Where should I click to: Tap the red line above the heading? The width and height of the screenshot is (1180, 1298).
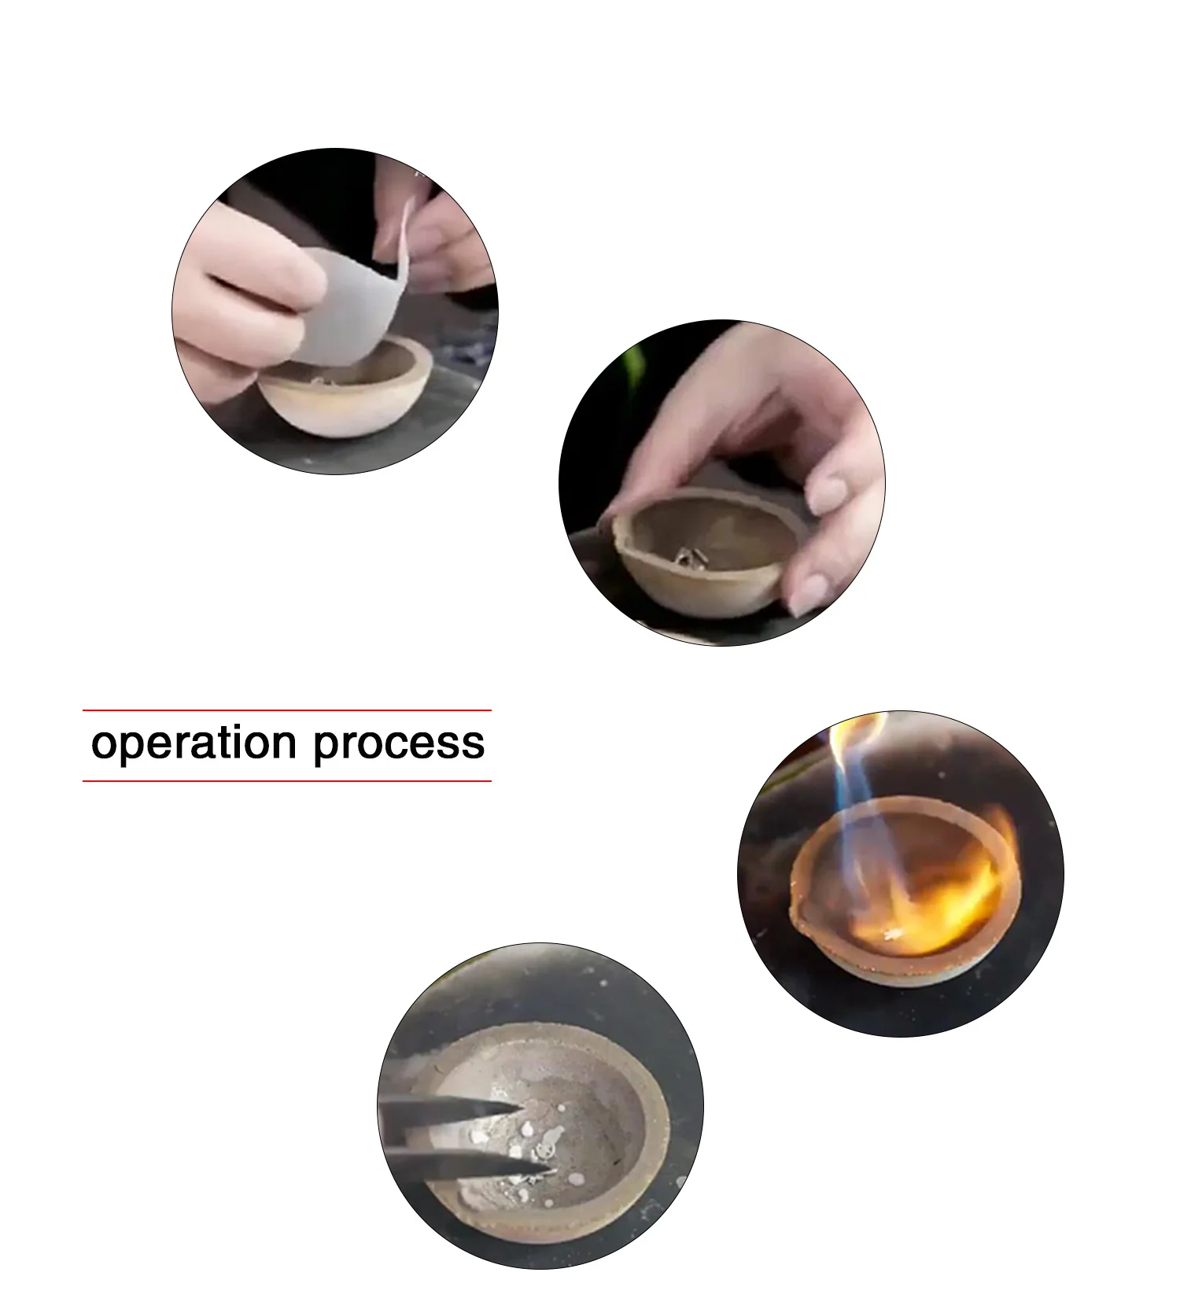click(287, 710)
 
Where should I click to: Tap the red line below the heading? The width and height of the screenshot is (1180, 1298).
click(287, 781)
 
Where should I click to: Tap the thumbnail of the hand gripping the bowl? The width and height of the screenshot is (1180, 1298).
click(722, 483)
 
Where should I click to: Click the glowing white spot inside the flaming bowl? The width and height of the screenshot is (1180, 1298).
click(893, 935)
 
